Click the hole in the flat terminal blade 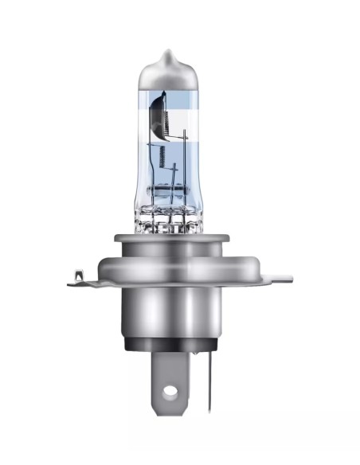(169, 393)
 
